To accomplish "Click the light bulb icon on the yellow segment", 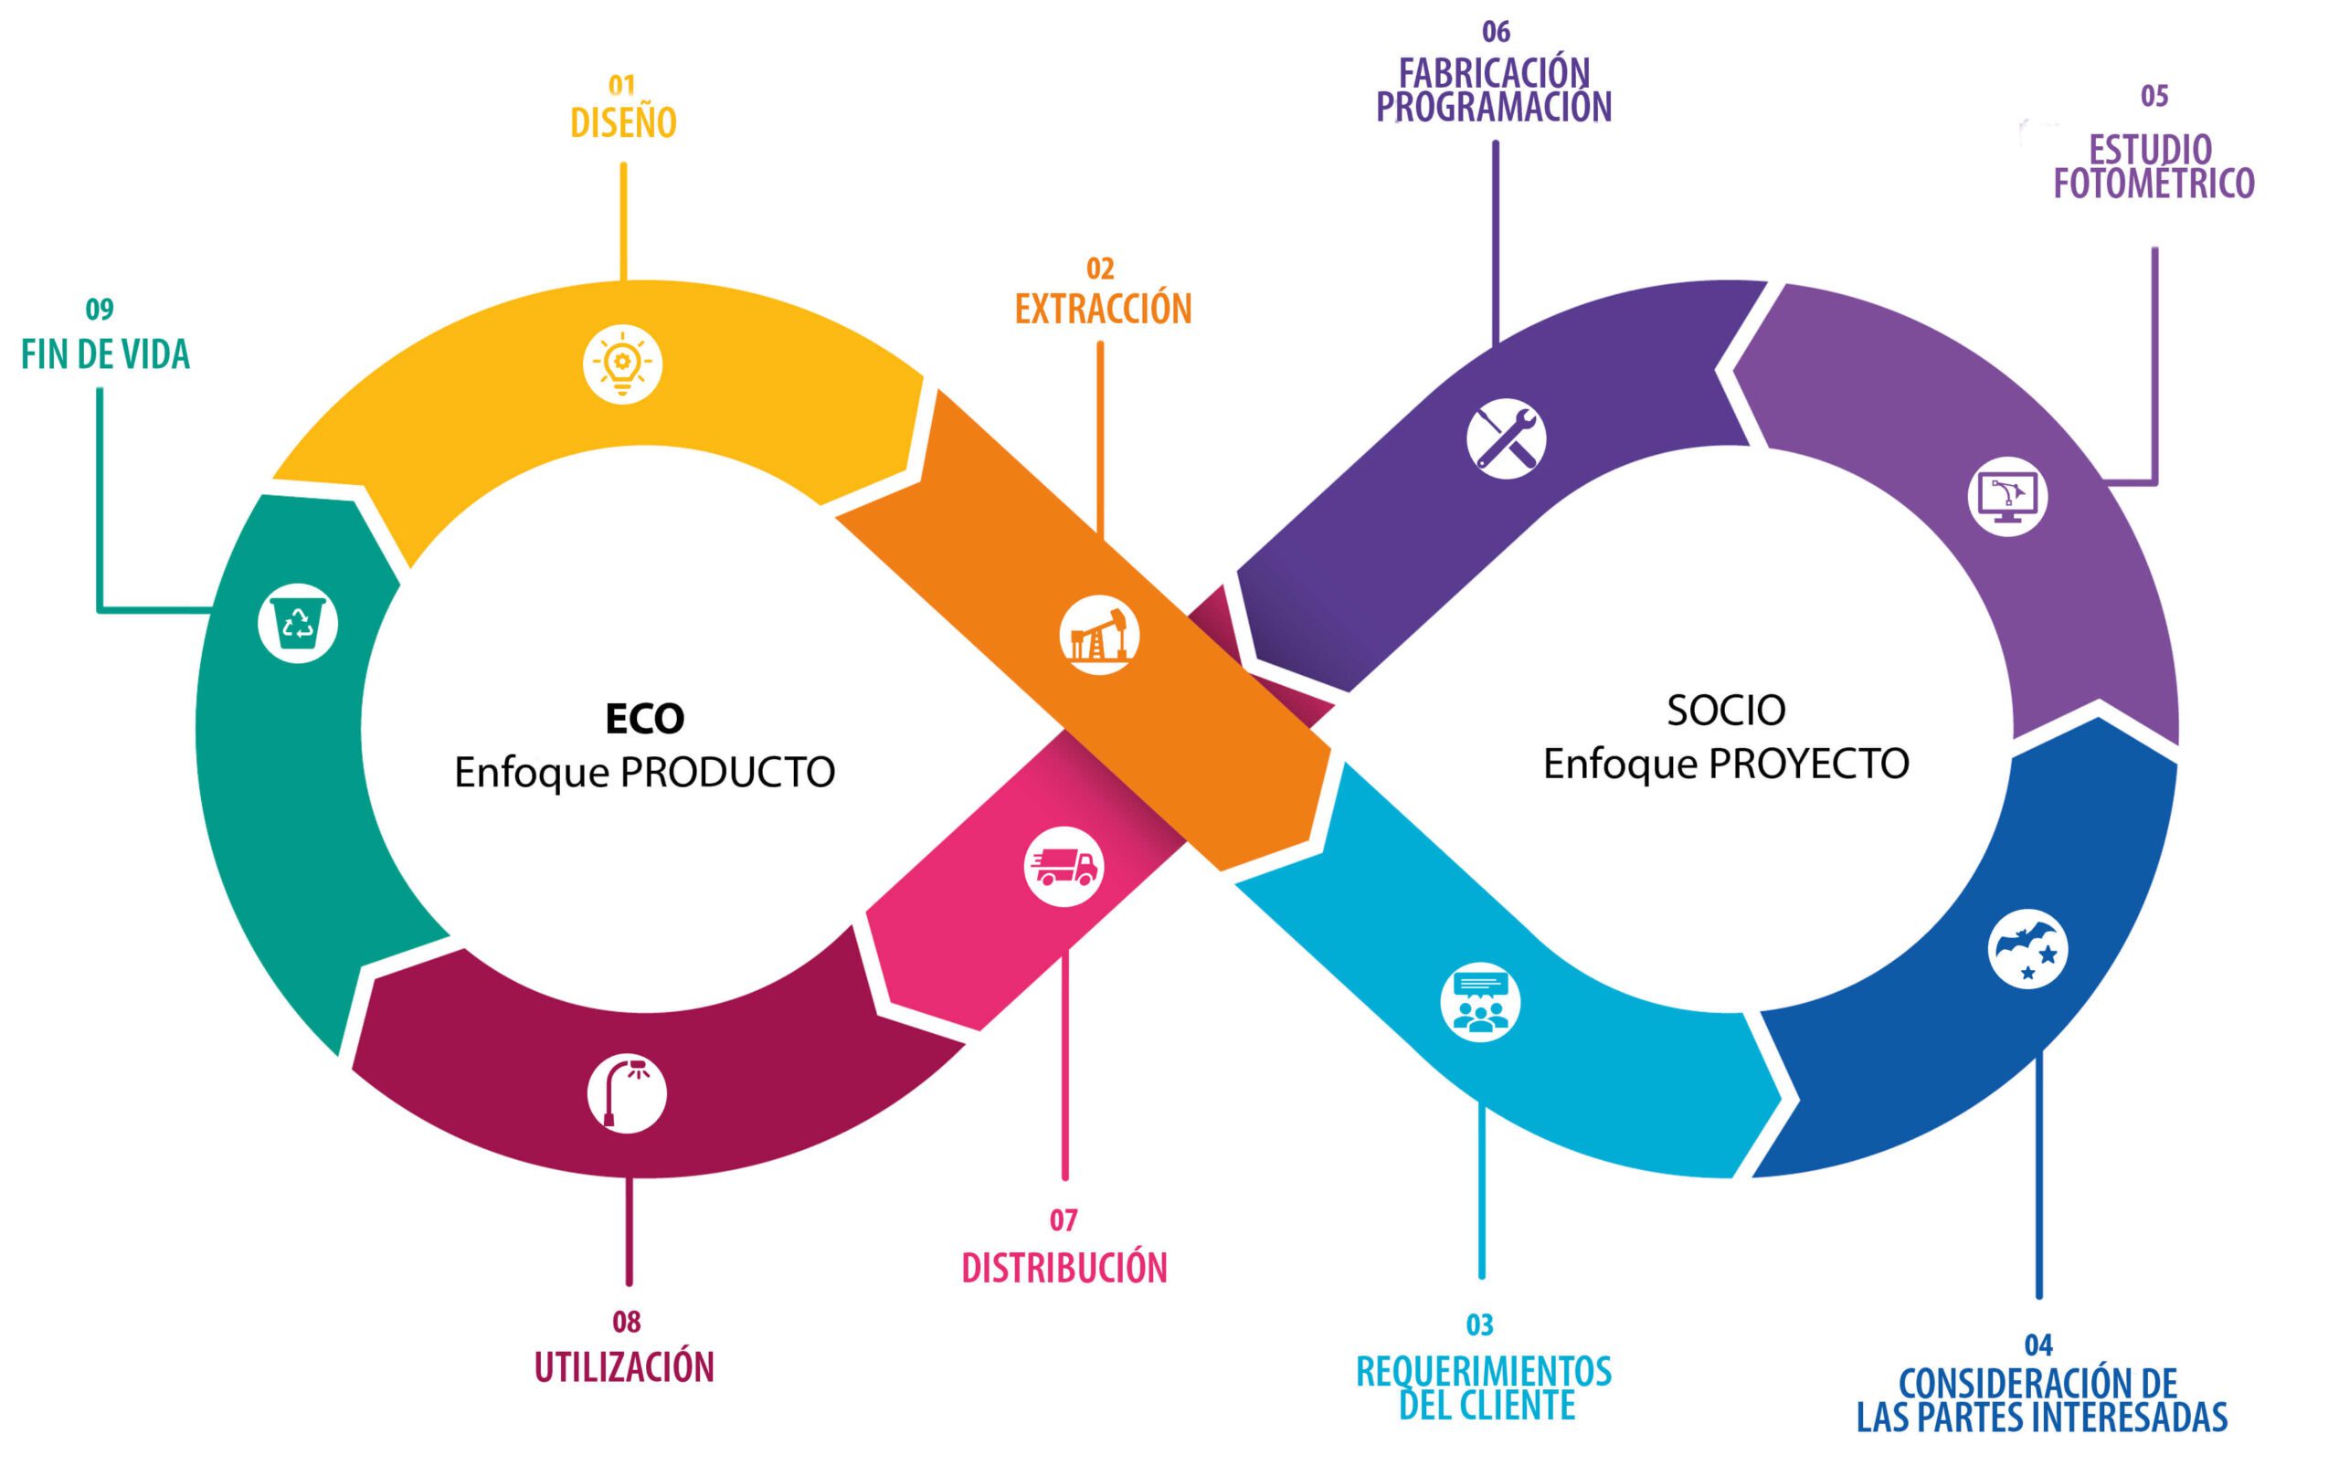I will pyautogui.click(x=622, y=364).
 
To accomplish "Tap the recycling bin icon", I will pyautogui.click(x=298, y=622).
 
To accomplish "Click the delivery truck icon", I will pyautogui.click(x=1064, y=866).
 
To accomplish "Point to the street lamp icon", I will pyautogui.click(x=627, y=1092).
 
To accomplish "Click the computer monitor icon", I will pyautogui.click(x=2007, y=496).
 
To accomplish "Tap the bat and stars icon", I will pyautogui.click(x=2027, y=948).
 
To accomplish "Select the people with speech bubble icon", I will pyautogui.click(x=1480, y=1002).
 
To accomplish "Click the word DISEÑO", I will pyautogui.click(x=622, y=123).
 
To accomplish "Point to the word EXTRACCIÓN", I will pyautogui.click(x=1103, y=310).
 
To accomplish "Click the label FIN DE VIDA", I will pyautogui.click(x=106, y=355).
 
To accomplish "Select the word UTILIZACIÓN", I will pyautogui.click(x=625, y=1367).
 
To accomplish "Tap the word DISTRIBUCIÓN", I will pyautogui.click(x=1064, y=1268).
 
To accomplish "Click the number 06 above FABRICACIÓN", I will pyautogui.click(x=1496, y=32).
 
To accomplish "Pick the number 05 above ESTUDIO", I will pyautogui.click(x=2154, y=96).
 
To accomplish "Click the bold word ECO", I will pyautogui.click(x=645, y=719).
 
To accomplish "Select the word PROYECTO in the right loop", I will pyautogui.click(x=1808, y=764).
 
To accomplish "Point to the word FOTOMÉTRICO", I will pyautogui.click(x=2154, y=185).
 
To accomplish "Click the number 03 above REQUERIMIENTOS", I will pyautogui.click(x=1480, y=1324).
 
